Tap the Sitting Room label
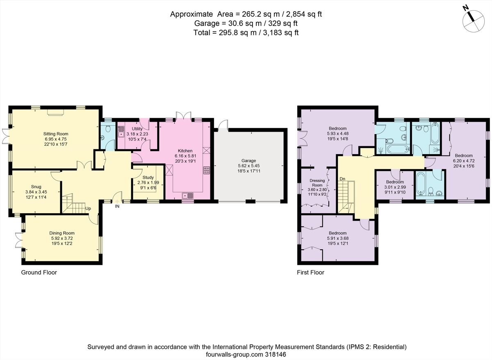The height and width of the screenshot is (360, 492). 56,134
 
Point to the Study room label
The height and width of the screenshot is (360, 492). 148,177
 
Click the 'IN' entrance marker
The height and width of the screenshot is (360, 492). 117,206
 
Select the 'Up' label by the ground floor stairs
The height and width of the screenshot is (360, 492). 88,208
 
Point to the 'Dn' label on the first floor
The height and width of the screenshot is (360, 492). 342,179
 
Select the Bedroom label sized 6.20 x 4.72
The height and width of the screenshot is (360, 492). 464,156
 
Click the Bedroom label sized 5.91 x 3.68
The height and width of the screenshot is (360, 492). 337,232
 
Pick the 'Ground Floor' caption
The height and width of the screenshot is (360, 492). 39,272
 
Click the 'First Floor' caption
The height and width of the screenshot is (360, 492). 310,272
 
